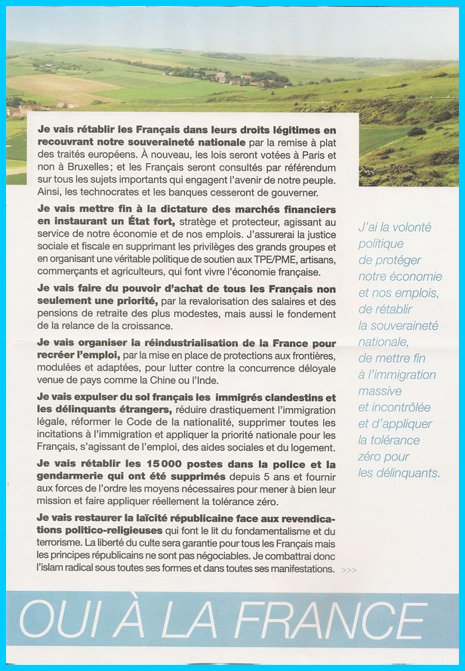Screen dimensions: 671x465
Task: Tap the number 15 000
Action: point(141,465)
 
